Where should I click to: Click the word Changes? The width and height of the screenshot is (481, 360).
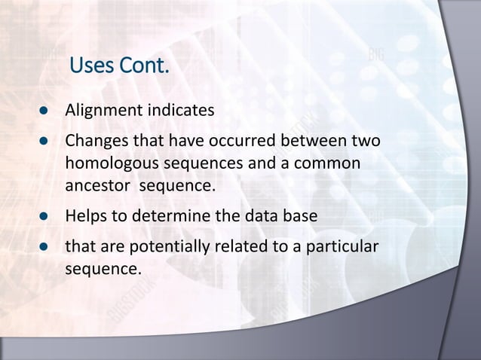96,141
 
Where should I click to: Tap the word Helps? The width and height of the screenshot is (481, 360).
85,216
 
